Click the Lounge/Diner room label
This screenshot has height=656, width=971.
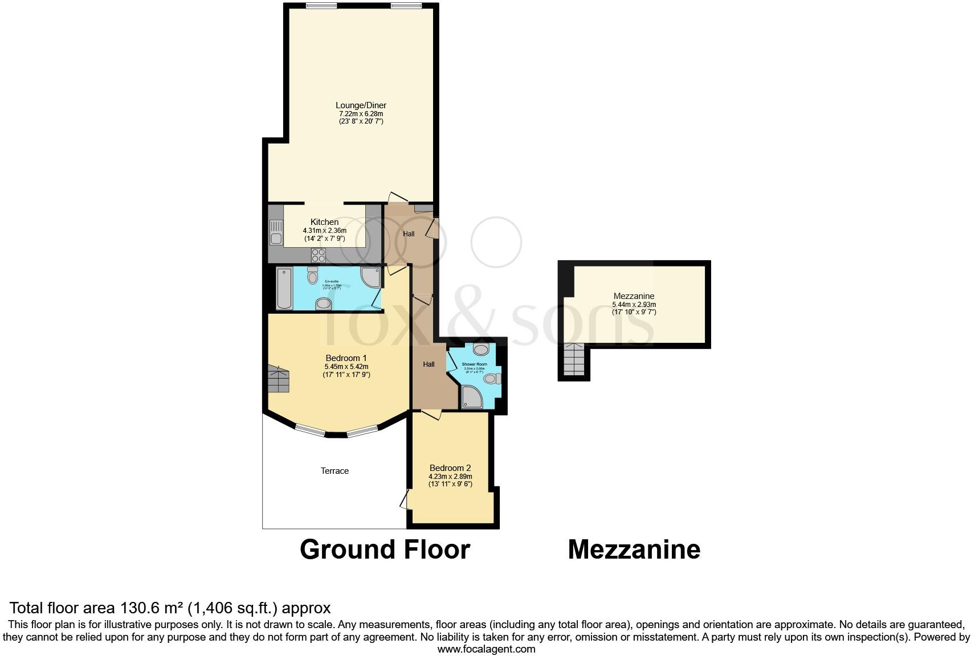361,105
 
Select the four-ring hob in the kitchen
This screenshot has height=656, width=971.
318,255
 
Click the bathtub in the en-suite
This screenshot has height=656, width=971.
284,288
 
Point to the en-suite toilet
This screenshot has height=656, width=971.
312,276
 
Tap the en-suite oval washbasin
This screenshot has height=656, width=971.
324,304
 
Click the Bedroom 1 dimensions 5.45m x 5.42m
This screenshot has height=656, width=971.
346,367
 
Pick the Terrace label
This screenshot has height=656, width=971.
334,471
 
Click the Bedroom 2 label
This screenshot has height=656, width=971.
450,468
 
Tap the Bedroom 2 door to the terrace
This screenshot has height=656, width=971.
405,500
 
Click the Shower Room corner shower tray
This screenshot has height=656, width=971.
472,397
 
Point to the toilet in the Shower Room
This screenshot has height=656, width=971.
493,379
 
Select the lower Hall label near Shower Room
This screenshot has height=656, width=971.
429,364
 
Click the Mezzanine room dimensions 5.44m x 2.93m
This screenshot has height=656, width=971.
634,304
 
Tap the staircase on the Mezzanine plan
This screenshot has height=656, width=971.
574,360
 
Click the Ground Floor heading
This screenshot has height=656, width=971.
385,550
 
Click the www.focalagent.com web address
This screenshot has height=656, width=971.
486,649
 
